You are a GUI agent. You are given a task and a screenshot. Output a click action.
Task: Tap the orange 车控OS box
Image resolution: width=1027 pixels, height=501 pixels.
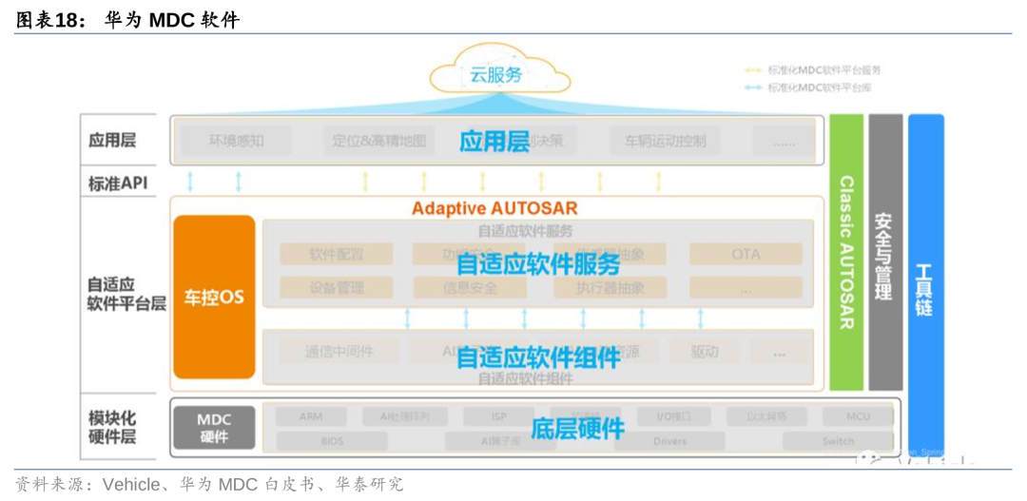coord(214,297)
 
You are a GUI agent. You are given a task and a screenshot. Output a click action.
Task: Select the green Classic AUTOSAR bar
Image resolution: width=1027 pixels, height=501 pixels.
coord(846,252)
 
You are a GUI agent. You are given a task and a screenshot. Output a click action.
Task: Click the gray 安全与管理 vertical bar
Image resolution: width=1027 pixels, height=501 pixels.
coord(884,252)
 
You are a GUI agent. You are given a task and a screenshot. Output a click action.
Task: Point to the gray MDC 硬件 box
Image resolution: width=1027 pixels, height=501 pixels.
coord(214,428)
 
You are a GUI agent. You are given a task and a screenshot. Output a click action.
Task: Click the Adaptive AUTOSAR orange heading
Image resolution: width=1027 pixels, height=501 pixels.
coord(494,207)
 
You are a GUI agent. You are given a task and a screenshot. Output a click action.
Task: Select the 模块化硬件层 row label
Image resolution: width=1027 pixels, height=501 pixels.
coord(112,427)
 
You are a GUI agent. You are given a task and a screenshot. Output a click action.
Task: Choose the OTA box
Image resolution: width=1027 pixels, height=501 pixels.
coord(746,254)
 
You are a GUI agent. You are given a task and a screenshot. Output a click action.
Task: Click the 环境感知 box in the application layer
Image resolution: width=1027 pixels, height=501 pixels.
coord(236,141)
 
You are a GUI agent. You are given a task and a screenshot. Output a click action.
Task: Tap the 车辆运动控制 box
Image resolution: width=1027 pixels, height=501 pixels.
coord(665,141)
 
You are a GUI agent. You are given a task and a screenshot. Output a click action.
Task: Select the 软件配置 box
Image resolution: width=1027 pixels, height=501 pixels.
coord(337,254)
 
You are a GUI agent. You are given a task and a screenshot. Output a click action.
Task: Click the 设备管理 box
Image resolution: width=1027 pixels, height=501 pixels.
coord(337,287)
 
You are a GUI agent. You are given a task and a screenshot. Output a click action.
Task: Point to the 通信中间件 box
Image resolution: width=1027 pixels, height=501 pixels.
coord(339,351)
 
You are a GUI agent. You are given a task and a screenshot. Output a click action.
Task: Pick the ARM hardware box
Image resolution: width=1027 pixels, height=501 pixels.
coord(311,416)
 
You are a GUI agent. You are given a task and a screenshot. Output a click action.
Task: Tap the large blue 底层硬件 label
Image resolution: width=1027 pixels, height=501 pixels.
coord(577,429)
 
